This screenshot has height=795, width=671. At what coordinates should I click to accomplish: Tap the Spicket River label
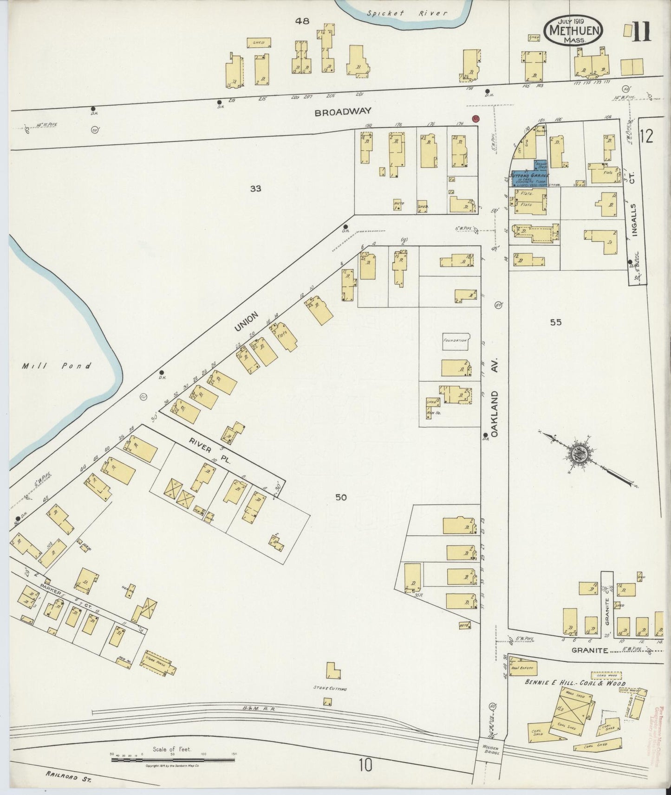(407, 13)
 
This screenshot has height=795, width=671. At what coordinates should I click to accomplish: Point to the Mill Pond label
(56, 366)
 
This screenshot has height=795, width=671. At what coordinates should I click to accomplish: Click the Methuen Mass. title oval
(574, 31)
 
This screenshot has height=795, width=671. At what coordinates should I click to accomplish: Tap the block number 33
(255, 188)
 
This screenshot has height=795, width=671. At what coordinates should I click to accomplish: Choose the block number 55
(555, 322)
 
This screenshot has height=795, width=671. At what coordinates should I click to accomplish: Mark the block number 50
(341, 497)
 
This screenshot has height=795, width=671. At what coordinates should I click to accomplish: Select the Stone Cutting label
(331, 689)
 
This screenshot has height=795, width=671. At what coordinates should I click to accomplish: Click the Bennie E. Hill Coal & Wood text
(575, 683)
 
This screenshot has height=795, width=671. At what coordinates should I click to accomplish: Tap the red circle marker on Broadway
(475, 119)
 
